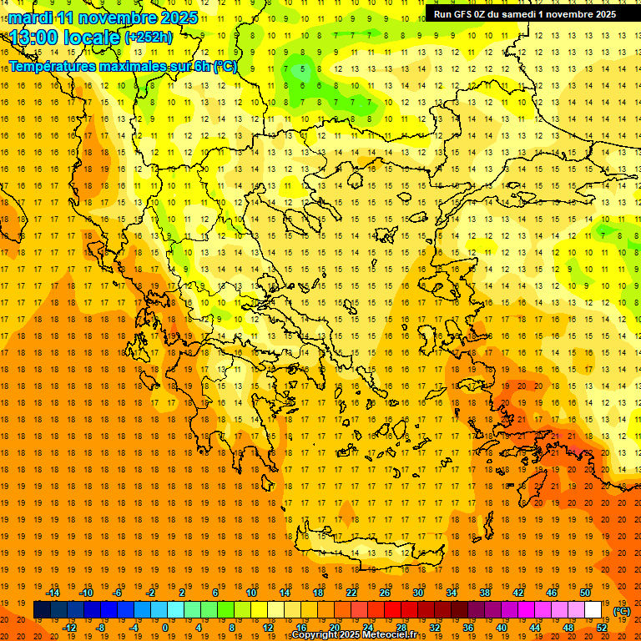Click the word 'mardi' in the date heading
pos(30,18)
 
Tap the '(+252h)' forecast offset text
pos(149,38)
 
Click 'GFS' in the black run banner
pos(466,14)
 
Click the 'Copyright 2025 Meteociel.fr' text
pos(354,635)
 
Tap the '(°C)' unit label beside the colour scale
pos(623,611)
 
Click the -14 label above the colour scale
pos(53,593)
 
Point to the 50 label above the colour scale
pos(584,593)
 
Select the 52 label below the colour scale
pos(602,628)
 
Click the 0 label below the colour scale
pos(164,628)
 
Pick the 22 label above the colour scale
pos(351,593)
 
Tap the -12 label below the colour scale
pos(69,628)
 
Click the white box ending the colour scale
pos(593,610)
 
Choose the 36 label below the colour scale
pos(468,628)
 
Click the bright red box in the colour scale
pos(392,610)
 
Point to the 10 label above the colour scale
pos(251,593)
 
